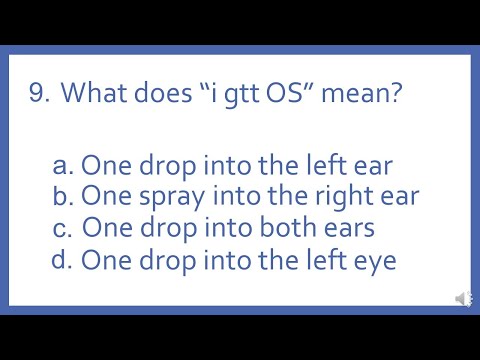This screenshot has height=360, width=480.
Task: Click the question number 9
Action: tap(39, 94)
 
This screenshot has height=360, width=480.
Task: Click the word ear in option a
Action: tap(371, 164)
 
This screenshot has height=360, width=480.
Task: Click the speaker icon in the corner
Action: tap(462, 298)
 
